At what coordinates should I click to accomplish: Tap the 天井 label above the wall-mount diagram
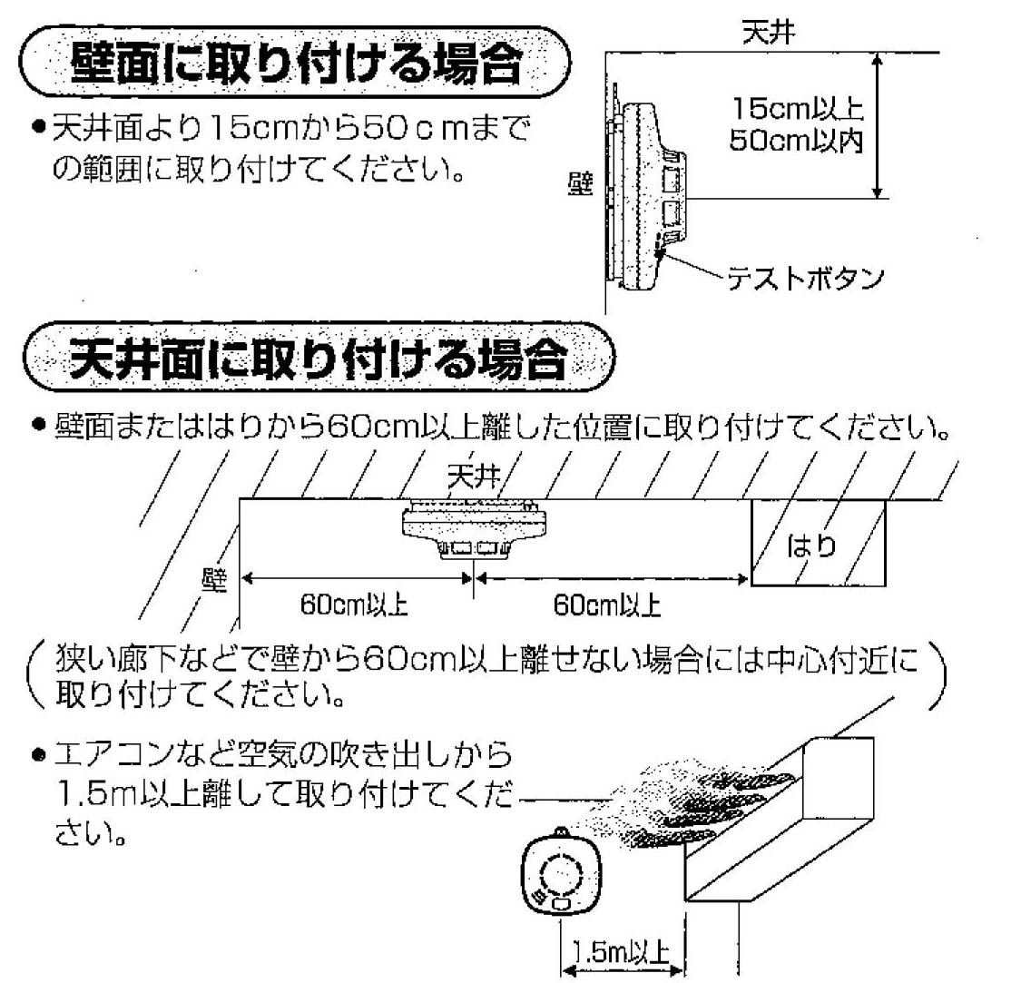point(769,32)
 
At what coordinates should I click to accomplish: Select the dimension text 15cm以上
point(798,108)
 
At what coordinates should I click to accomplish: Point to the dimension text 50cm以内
point(796,140)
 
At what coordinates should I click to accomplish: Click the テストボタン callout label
point(805,278)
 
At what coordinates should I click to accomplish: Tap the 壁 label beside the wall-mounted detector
point(580,184)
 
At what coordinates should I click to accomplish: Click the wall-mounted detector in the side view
point(644,193)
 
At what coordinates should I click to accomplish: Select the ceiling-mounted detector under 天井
point(474,528)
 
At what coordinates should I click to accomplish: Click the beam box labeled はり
point(819,543)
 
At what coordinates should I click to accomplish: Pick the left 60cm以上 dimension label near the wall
point(354,605)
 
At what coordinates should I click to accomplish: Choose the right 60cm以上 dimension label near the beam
point(607,605)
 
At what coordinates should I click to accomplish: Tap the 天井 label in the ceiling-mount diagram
point(474,477)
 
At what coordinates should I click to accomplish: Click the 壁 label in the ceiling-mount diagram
point(214,579)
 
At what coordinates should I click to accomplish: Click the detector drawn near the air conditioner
point(561,870)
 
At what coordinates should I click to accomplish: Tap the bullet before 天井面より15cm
point(39,126)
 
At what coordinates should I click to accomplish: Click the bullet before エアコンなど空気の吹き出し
point(39,754)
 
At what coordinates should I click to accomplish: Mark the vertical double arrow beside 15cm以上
point(877,126)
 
